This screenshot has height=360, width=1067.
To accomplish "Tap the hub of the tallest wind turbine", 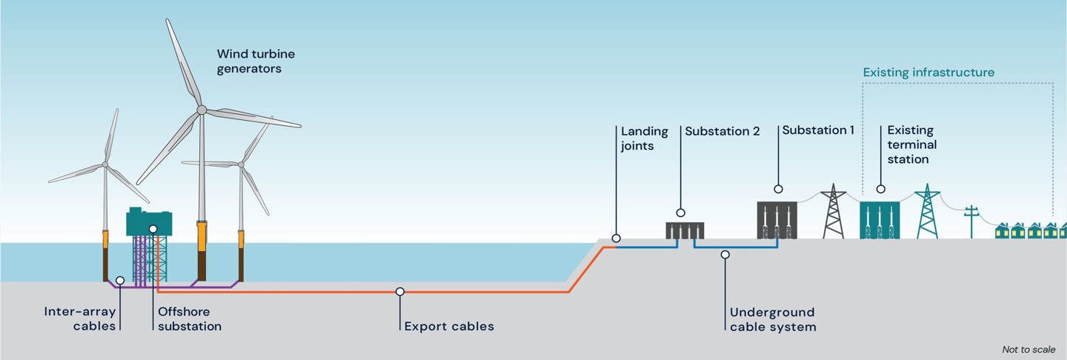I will click(x=202, y=110).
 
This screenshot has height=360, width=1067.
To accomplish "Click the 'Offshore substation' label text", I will click(x=189, y=319).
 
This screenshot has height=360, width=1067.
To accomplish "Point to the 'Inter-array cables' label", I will click(x=80, y=319).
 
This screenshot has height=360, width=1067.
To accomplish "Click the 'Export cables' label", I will click(x=449, y=326).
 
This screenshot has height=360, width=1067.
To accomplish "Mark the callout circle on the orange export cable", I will click(x=400, y=292).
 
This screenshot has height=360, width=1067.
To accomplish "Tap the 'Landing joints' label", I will click(x=644, y=139).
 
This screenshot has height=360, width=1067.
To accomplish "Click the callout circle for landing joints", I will click(x=616, y=239).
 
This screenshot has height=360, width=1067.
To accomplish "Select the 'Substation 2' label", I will click(x=722, y=131).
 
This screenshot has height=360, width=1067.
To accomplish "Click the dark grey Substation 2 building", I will click(x=684, y=230).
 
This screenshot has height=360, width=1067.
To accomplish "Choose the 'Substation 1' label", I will click(x=818, y=130).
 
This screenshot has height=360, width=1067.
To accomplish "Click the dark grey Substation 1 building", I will click(x=777, y=220).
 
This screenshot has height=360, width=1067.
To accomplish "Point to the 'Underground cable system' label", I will click(x=772, y=319).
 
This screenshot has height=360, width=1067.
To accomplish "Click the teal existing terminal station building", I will click(x=880, y=220).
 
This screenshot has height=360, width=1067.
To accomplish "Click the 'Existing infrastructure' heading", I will click(x=928, y=73).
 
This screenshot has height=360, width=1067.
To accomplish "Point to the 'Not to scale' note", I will click(x=1028, y=349).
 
